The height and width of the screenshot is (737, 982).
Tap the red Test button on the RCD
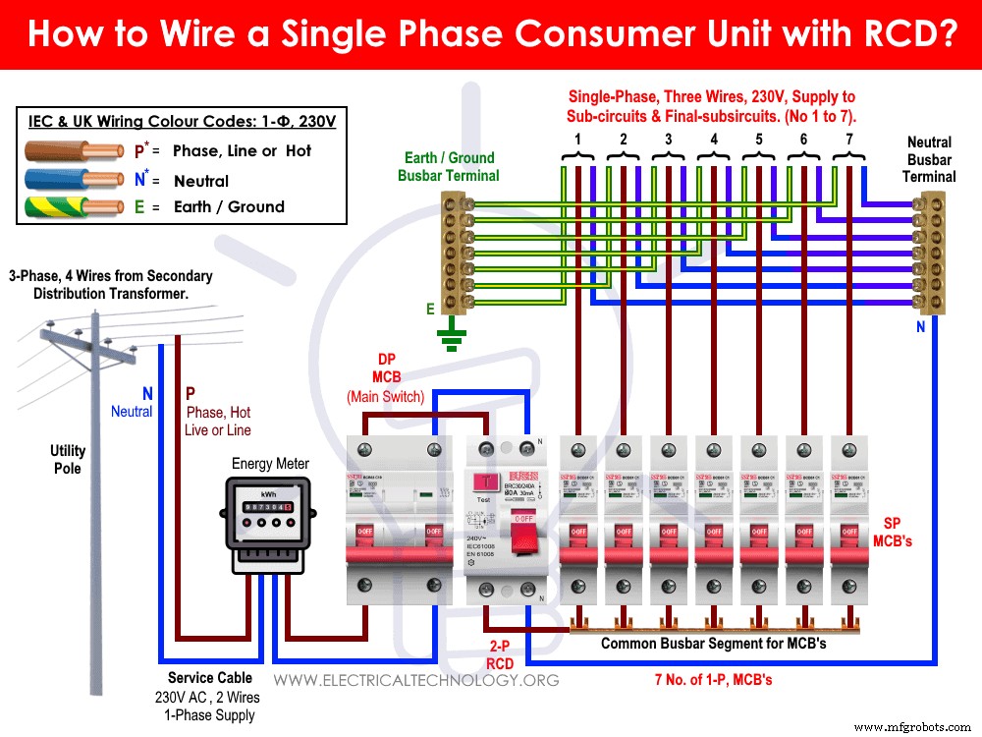pyautogui.click(x=483, y=481)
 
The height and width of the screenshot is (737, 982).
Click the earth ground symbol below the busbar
pyautogui.click(x=453, y=338)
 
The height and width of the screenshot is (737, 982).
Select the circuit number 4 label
pyautogui.click(x=713, y=140)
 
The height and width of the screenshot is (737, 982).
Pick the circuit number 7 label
pyautogui.click(x=849, y=140)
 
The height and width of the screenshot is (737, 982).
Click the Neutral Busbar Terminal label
pyautogui.click(x=929, y=159)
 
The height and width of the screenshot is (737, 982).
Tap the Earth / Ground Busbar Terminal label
pyautogui.click(x=449, y=166)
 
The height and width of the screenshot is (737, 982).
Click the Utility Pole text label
pyautogui.click(x=68, y=459)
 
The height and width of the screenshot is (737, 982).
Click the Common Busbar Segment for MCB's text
pyautogui.click(x=713, y=644)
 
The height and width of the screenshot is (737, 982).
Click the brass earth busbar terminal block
pyautogui.click(x=454, y=253)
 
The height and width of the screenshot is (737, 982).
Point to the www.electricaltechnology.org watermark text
pyautogui.click(x=416, y=680)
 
